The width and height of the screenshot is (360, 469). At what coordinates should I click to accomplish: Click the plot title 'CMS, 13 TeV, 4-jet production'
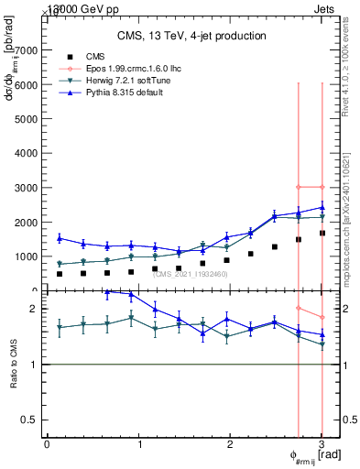pos(191,36)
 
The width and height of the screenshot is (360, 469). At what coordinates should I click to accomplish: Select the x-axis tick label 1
pos(139,444)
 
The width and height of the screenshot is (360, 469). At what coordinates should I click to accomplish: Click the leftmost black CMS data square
pos(60,274)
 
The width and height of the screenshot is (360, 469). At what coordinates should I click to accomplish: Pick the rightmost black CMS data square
pos(322,233)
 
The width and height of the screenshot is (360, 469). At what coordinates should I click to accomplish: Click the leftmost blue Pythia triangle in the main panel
pos(60,238)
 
